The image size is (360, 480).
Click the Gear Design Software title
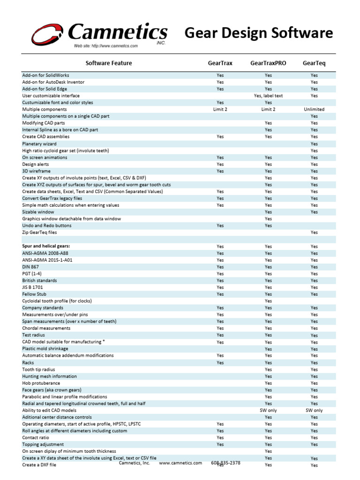(x=259, y=33)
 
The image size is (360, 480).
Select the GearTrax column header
(x=220, y=63)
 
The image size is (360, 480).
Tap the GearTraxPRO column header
(x=268, y=63)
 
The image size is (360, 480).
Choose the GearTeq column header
(x=314, y=63)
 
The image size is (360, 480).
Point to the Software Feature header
(x=109, y=63)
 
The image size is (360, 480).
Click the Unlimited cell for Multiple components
(x=314, y=109)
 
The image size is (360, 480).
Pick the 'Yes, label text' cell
(x=268, y=96)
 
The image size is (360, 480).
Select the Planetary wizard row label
(x=39, y=144)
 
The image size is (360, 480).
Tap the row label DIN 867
(x=30, y=267)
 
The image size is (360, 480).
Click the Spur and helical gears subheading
(x=49, y=246)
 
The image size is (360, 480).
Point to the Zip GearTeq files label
(x=39, y=232)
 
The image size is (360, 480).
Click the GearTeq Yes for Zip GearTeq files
(x=314, y=232)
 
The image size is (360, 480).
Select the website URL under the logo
(x=105, y=46)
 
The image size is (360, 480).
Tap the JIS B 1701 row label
(x=32, y=287)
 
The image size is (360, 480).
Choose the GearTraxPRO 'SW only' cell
(x=268, y=410)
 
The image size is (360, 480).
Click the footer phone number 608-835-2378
(x=226, y=463)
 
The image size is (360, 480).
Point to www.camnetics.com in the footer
(x=180, y=463)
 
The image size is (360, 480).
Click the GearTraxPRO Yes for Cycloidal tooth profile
(x=268, y=301)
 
